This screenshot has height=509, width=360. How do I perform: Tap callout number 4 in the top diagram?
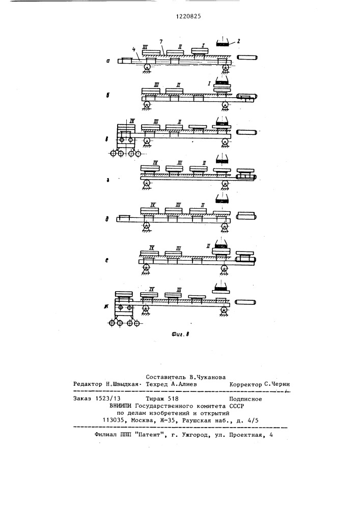point(133,50)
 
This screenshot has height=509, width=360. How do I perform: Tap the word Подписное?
point(246,400)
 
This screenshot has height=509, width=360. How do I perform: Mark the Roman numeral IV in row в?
point(132,120)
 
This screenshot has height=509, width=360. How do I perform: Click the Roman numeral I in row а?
point(204,46)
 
